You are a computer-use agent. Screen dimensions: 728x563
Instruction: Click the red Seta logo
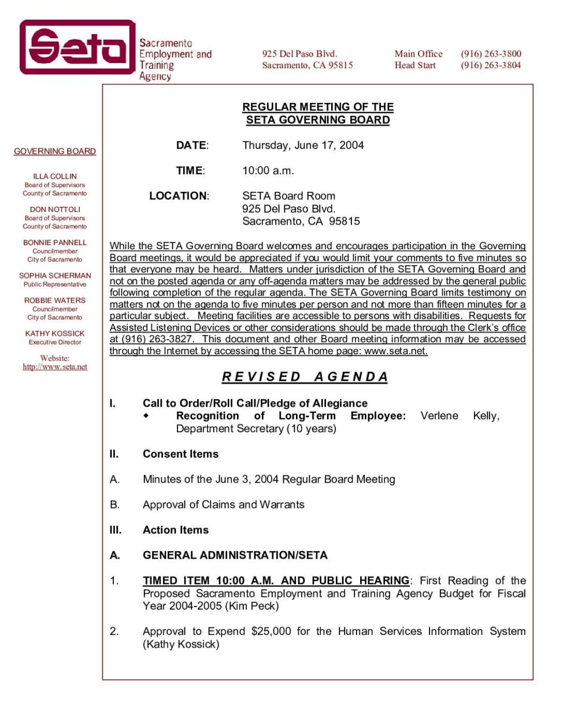(77, 47)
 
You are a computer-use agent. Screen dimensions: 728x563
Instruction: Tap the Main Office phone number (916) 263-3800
(491, 54)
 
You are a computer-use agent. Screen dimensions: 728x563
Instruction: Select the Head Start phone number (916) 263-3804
(491, 65)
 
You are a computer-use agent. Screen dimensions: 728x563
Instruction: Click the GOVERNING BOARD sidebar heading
(55, 151)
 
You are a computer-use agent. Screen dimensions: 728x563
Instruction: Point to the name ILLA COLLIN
(55, 176)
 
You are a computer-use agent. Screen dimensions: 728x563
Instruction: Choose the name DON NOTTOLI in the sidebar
(55, 209)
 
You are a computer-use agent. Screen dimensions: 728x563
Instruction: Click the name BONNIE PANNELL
(55, 243)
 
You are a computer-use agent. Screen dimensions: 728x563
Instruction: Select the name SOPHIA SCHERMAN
(55, 276)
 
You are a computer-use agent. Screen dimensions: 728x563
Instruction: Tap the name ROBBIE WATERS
(55, 300)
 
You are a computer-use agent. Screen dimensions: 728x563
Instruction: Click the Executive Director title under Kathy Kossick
(55, 342)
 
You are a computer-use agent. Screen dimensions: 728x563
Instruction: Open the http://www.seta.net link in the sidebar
(55, 367)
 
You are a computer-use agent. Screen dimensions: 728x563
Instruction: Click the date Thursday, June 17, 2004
(303, 145)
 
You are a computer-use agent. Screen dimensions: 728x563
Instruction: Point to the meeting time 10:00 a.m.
(268, 170)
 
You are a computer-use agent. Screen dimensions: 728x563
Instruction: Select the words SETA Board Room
(288, 196)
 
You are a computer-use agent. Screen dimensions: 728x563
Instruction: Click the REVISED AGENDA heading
(305, 377)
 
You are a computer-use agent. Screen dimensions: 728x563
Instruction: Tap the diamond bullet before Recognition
(146, 415)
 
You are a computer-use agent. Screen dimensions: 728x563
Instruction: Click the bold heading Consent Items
(180, 454)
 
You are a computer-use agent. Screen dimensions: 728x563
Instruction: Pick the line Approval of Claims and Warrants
(223, 504)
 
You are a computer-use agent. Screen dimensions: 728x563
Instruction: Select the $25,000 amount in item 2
(271, 631)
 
